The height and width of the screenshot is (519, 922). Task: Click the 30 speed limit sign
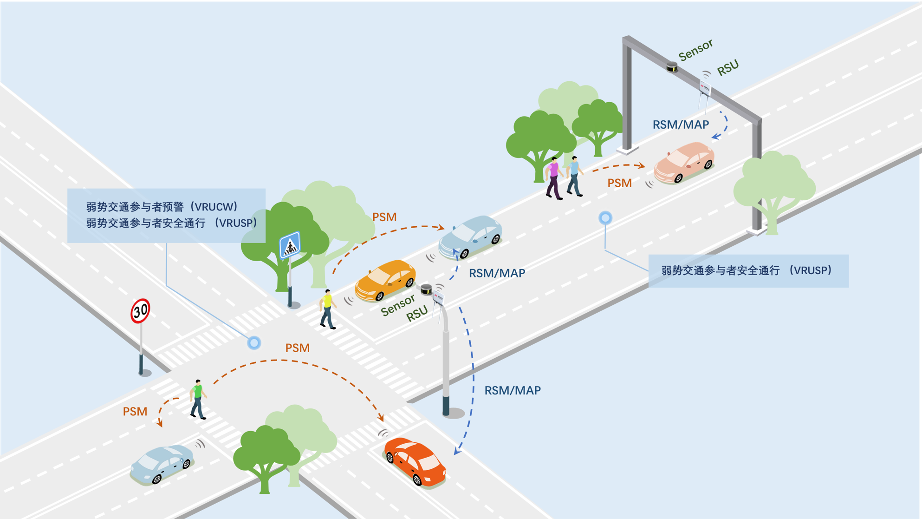click(140, 311)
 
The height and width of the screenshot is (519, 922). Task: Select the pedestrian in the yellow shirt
click(328, 309)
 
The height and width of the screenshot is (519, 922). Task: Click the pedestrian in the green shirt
click(199, 399)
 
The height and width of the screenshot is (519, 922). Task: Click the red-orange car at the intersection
click(416, 461)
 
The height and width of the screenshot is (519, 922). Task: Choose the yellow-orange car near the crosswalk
click(385, 280)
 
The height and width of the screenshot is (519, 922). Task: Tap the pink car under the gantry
click(684, 162)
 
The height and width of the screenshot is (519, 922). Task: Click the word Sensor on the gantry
click(695, 50)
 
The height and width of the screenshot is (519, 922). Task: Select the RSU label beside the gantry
click(727, 68)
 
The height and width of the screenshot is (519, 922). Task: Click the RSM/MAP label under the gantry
click(681, 125)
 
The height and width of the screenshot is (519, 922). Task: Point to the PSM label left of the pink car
click(619, 183)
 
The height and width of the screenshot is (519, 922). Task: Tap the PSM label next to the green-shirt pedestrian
click(135, 411)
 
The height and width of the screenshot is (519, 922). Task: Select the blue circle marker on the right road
click(605, 217)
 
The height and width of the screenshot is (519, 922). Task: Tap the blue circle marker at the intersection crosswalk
click(253, 343)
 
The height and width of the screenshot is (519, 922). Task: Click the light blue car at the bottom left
click(162, 463)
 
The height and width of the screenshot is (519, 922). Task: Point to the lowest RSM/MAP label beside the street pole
click(513, 390)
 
